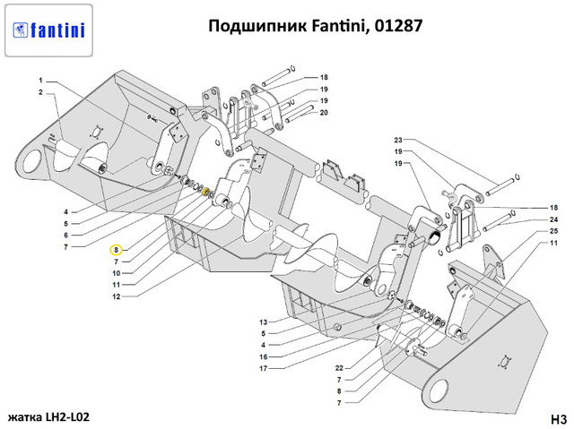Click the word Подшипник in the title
click(251, 25)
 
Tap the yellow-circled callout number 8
click(116, 250)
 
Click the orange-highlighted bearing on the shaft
click(205, 193)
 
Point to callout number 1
click(41, 82)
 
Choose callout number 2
click(41, 93)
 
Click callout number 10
click(116, 272)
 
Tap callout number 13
click(264, 322)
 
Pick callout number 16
click(264, 356)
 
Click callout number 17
click(264, 368)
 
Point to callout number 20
click(324, 113)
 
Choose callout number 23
click(398, 141)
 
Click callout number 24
click(553, 219)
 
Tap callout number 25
click(553, 231)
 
